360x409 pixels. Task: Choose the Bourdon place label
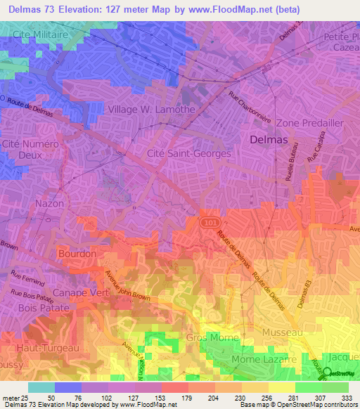click(x=77, y=253)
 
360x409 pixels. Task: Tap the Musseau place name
click(x=281, y=331)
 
